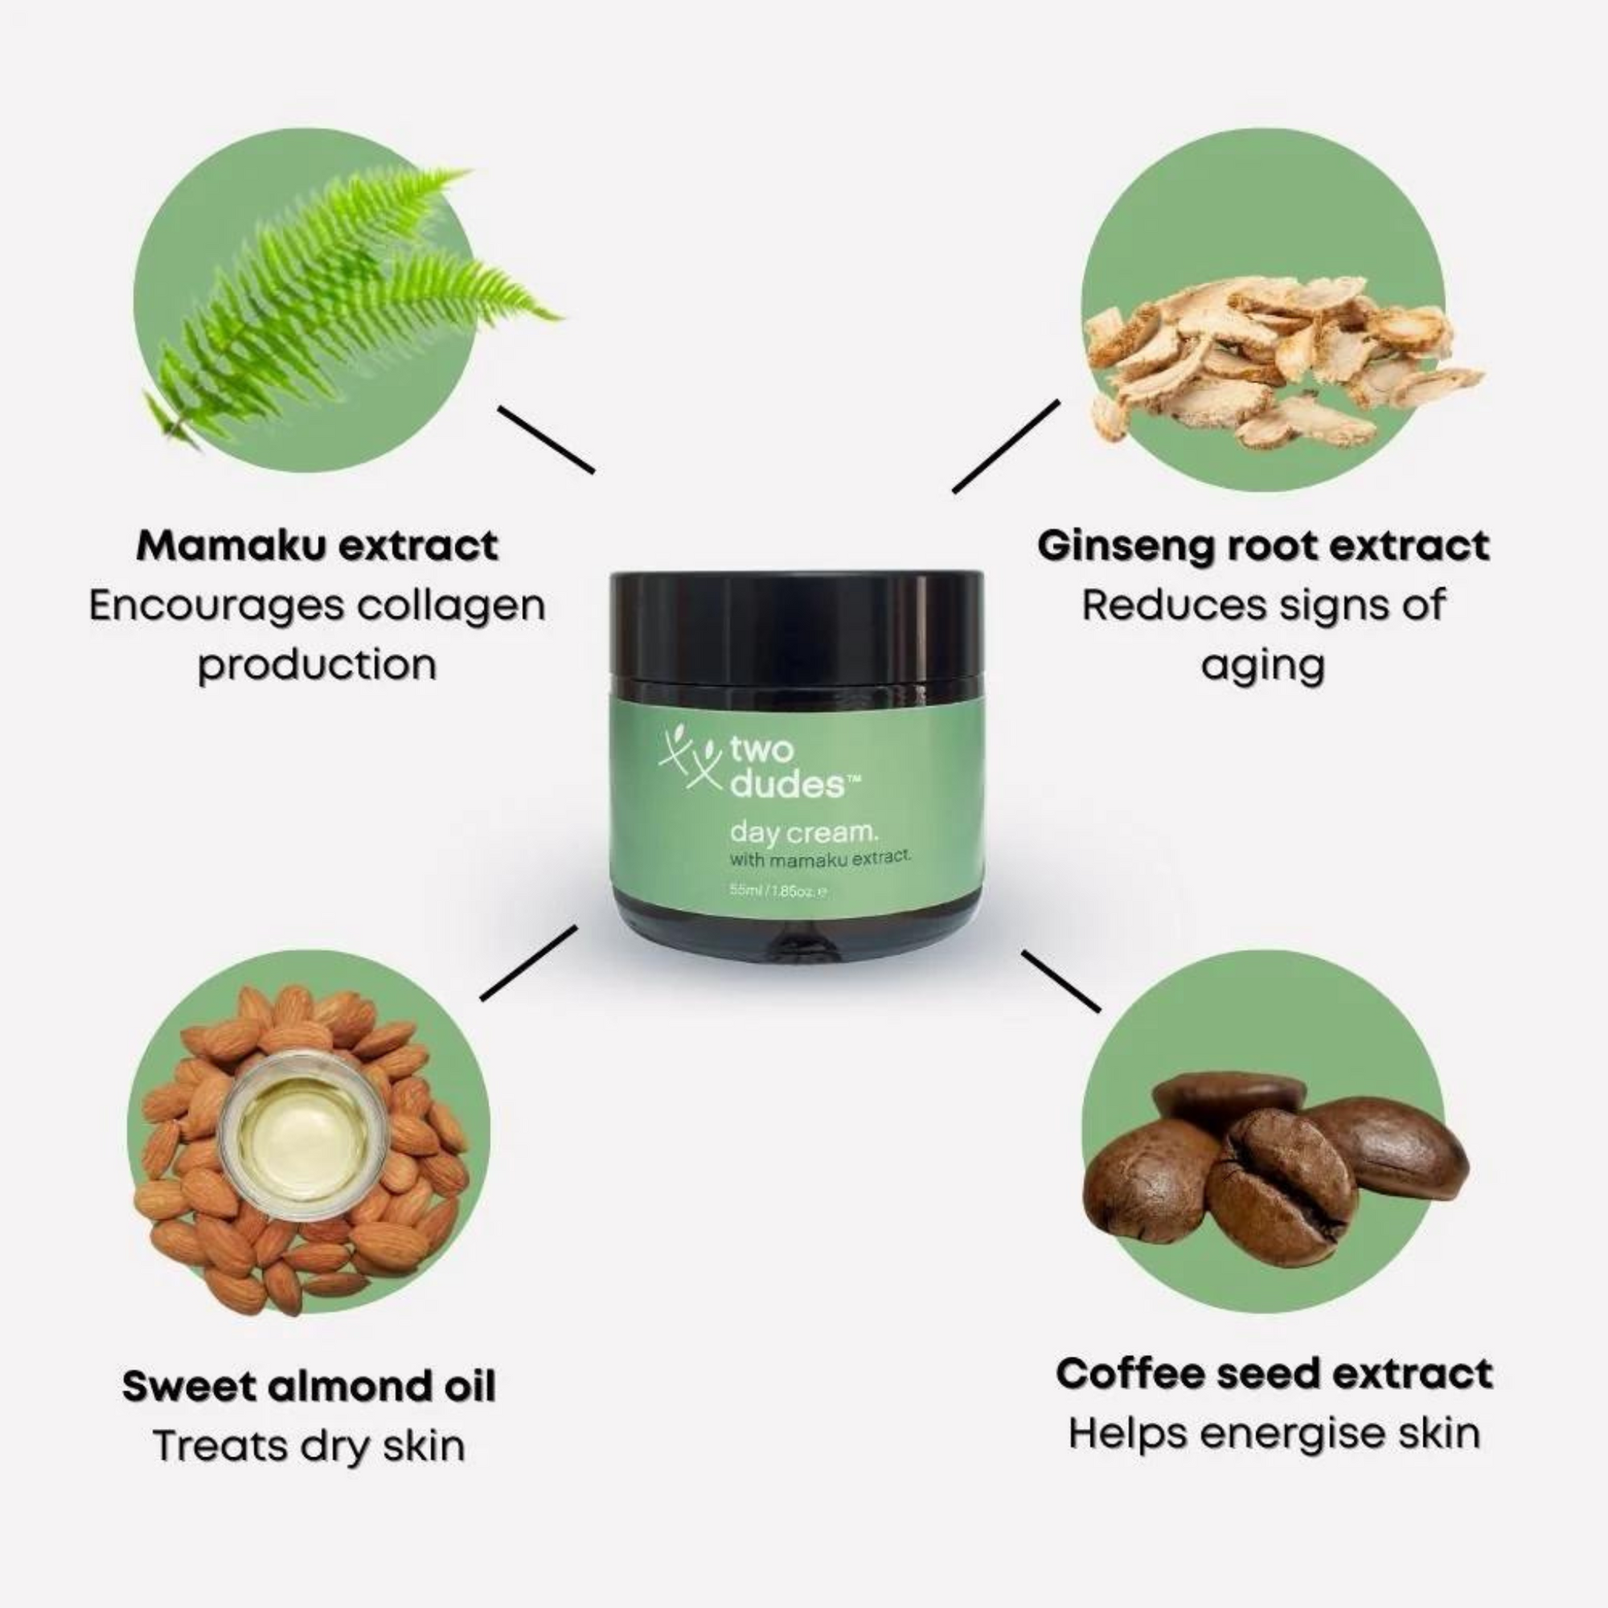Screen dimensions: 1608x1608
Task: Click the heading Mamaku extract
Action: (317, 546)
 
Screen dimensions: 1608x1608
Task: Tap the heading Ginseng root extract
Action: (1262, 546)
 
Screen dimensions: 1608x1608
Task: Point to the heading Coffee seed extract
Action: (1274, 1374)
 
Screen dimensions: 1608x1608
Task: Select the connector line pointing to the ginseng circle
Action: (1007, 447)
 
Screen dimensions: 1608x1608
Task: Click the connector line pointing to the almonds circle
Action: (529, 963)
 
